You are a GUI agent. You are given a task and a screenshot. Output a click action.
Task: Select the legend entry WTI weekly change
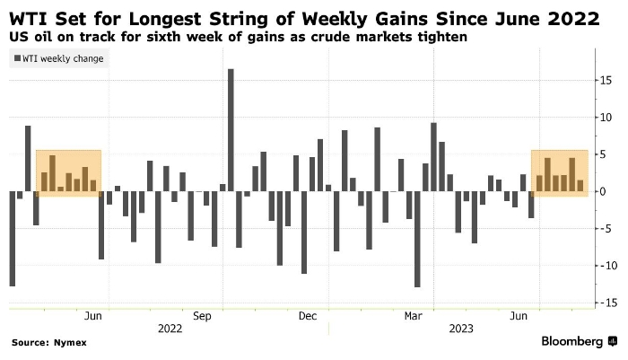[59, 59]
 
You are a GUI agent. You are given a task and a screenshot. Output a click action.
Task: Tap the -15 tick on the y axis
[607, 303]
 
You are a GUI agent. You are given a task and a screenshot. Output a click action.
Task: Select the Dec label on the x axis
[309, 316]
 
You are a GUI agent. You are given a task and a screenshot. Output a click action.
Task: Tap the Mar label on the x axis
[414, 316]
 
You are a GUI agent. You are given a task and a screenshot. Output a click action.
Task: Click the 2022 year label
[170, 329]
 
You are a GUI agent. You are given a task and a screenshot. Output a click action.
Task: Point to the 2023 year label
[461, 329]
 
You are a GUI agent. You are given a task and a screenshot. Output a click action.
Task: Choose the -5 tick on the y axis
[607, 228]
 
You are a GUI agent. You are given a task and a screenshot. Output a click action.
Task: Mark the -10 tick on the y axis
[607, 266]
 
